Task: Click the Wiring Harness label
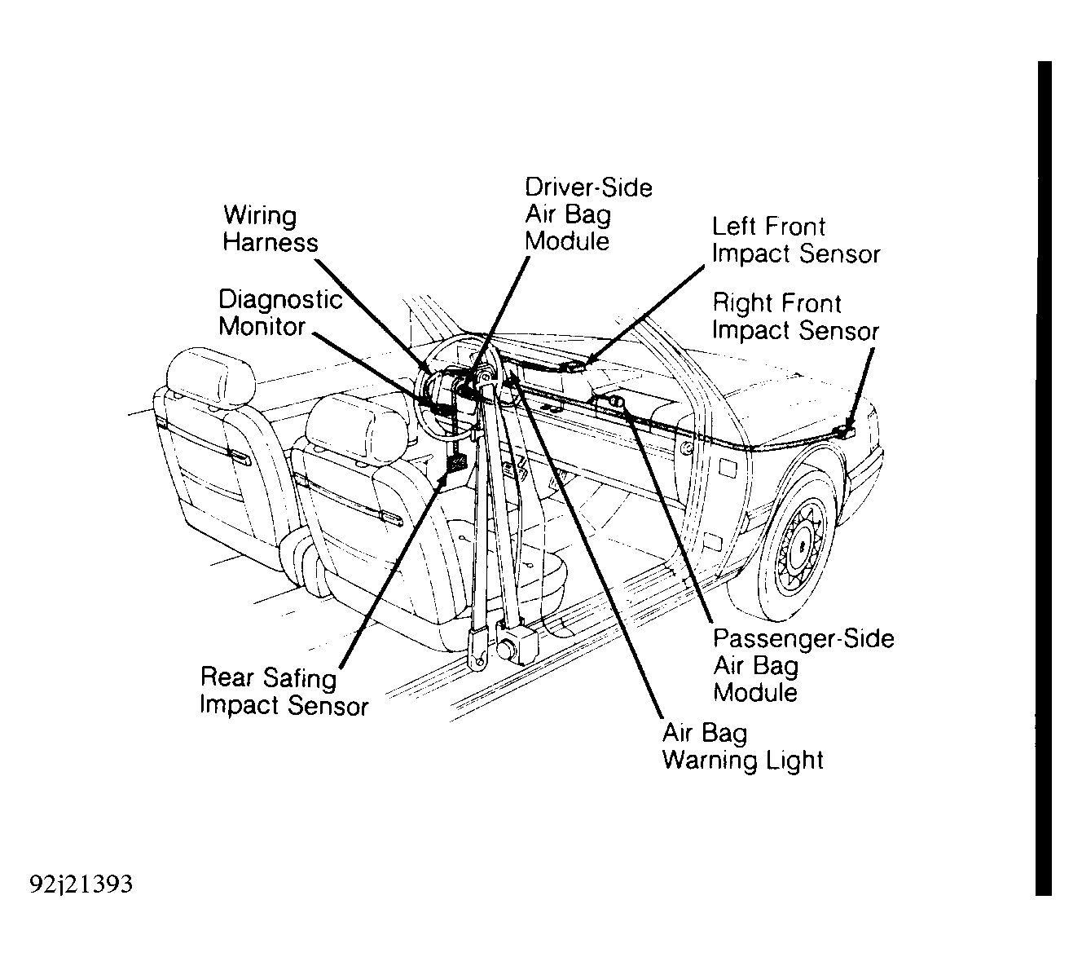click(270, 229)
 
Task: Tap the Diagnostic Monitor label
click(280, 313)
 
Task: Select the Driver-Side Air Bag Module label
click(588, 214)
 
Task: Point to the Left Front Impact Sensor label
click(796, 240)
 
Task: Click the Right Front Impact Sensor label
click(796, 317)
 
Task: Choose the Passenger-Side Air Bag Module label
click(803, 666)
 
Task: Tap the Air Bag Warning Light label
click(743, 747)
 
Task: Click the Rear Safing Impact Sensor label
click(284, 691)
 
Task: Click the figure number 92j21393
click(81, 884)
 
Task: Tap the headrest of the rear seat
click(210, 377)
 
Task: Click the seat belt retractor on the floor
click(516, 644)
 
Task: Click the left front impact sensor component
click(574, 367)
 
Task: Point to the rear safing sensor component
click(455, 462)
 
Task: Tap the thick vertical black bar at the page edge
click(1044, 478)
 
